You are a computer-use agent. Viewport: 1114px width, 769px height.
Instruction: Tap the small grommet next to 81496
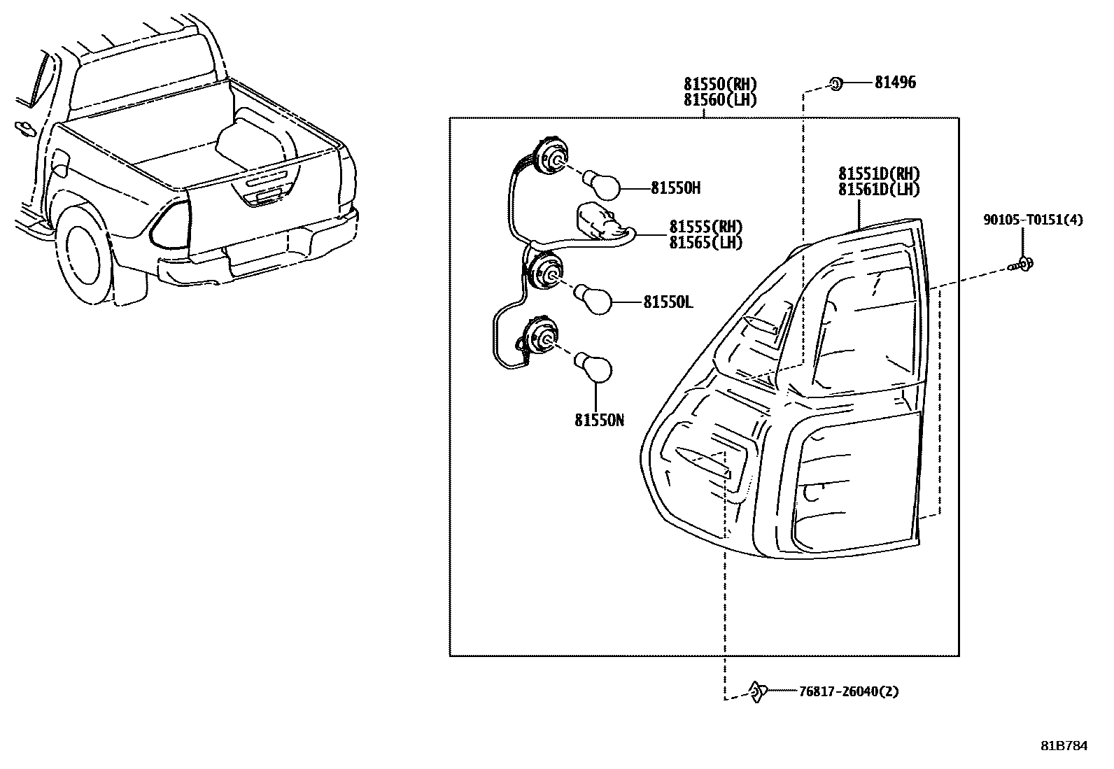pos(835,84)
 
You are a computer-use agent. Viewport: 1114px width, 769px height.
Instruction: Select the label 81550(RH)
pos(720,85)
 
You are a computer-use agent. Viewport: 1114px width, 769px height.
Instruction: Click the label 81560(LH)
pos(720,100)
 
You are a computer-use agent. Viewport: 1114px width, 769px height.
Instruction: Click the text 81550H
pos(675,188)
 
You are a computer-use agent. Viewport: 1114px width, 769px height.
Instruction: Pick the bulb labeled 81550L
pos(595,301)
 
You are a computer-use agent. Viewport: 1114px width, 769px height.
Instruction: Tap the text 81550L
pos(668,302)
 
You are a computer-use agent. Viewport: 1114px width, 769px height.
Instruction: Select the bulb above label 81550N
pos(593,369)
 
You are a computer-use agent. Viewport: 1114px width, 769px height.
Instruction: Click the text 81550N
pos(599,420)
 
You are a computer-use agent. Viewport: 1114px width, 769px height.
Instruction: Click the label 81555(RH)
pos(705,227)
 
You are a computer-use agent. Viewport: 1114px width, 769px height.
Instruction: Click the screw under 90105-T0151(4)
pos(1023,265)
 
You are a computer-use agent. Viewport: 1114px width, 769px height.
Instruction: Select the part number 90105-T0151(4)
pos(1033,220)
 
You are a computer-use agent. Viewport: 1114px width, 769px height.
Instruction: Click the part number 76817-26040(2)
pos(848,691)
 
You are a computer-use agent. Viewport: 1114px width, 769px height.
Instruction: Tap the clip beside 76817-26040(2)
pos(756,691)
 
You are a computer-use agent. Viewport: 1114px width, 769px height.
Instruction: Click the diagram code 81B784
pos(1064,746)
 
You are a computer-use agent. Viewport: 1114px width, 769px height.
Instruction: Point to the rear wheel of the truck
pos(83,252)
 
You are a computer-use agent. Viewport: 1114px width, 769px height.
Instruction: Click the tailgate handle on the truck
pos(266,198)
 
